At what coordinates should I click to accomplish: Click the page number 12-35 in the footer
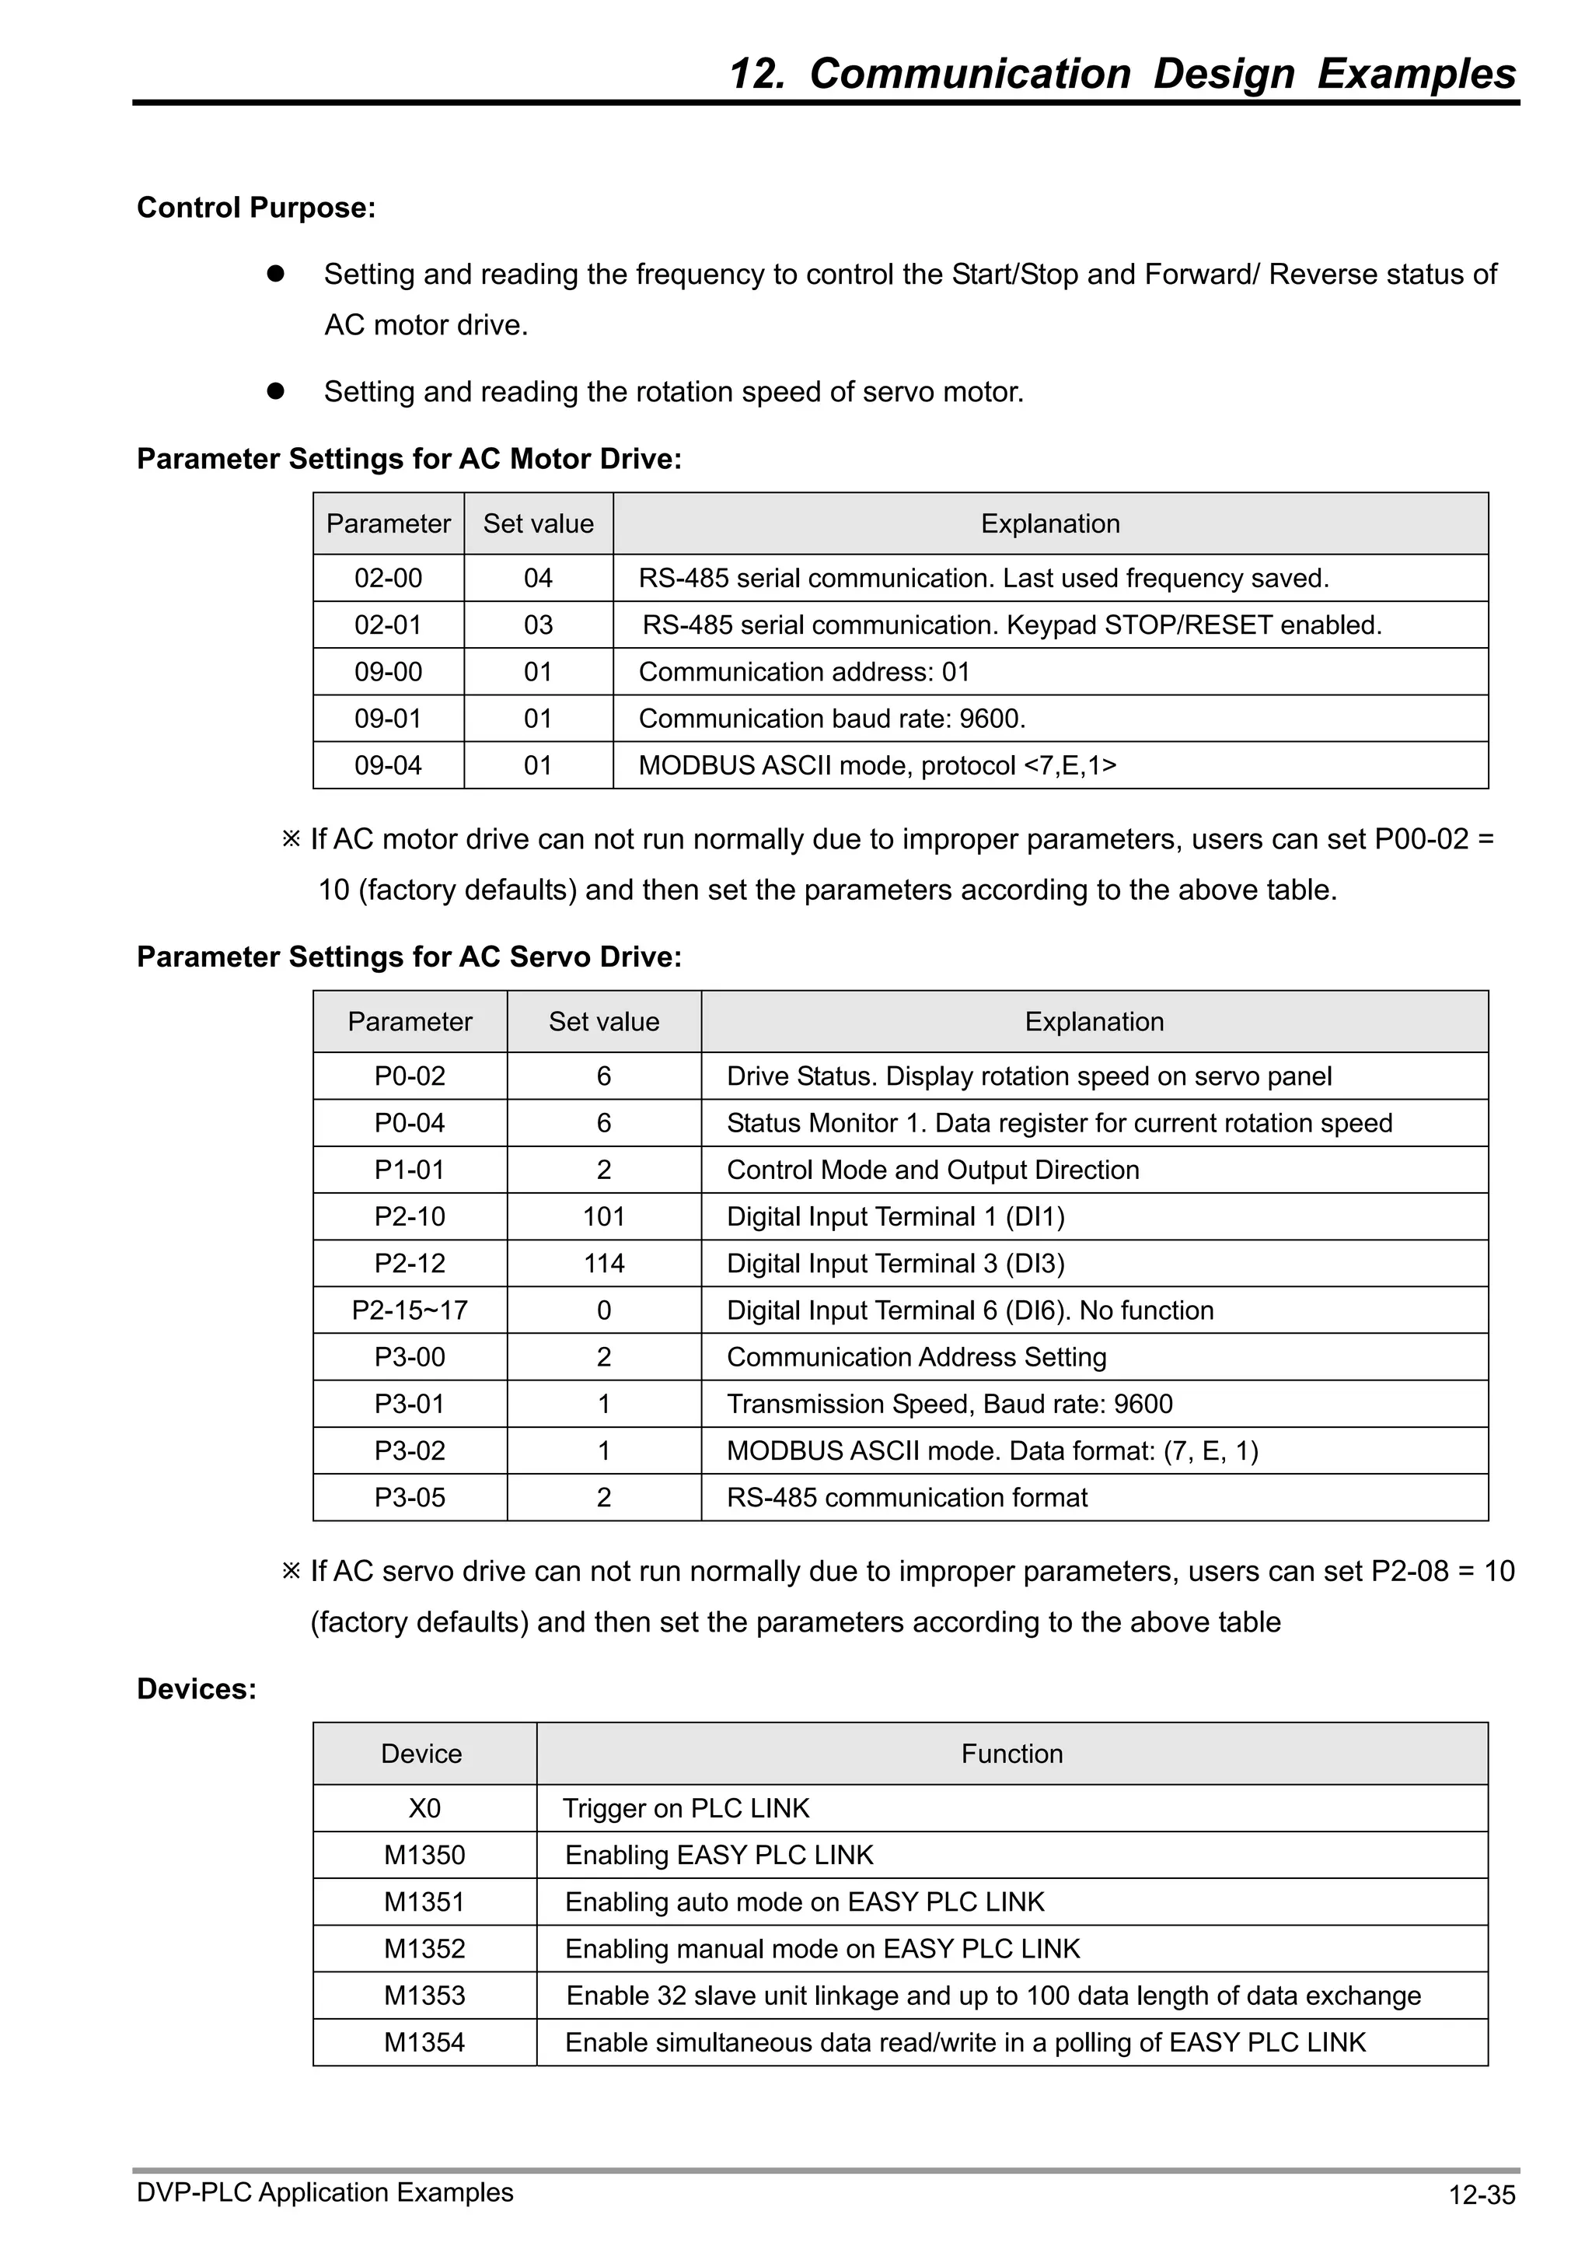pos(1481,2195)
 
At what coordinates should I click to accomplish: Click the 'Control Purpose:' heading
pos(256,208)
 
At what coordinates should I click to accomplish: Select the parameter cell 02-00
pos(389,578)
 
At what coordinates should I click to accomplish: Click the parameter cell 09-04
pos(389,765)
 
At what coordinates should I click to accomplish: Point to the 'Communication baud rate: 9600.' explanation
pos(832,719)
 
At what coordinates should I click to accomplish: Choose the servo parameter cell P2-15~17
pos(410,1310)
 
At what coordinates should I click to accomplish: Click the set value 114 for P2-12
pos(603,1263)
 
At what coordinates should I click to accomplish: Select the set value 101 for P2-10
pos(603,1217)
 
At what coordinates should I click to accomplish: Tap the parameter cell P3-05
pos(410,1497)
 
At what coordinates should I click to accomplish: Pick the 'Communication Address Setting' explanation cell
pos(916,1357)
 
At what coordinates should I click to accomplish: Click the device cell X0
pos(424,1808)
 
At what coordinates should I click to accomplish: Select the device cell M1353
pos(424,1996)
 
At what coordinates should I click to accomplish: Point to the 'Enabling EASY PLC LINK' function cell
pos(719,1856)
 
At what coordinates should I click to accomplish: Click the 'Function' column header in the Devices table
pos(1011,1754)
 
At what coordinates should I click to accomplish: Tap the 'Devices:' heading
pos(196,1688)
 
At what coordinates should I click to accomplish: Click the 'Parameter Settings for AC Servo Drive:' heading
pos(409,957)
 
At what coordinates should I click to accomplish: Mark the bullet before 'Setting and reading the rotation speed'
pos(276,390)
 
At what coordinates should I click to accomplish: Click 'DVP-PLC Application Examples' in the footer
pos(325,2193)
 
